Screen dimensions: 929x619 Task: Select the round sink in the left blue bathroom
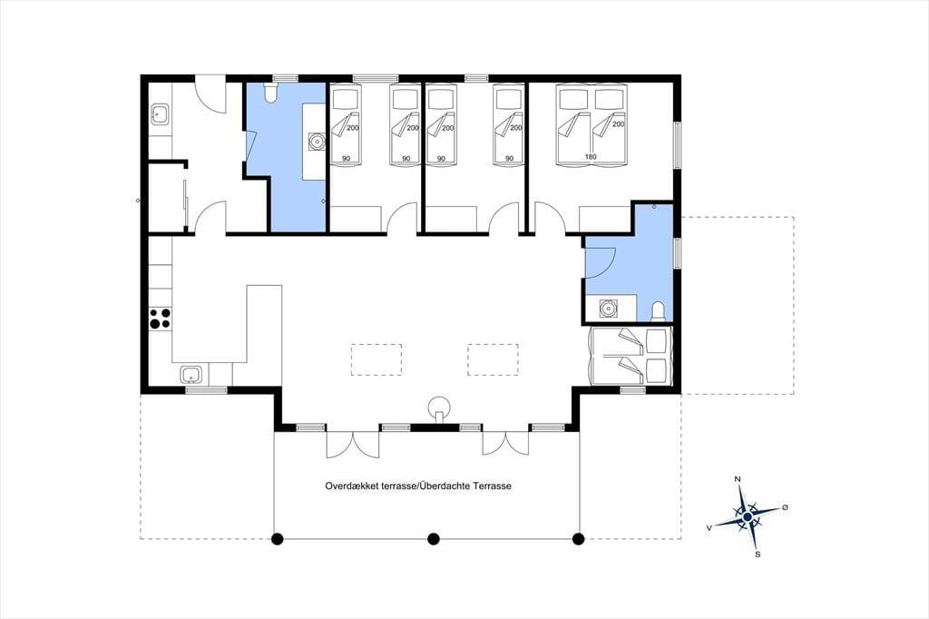click(x=317, y=142)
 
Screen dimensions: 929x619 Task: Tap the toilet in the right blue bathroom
click(x=658, y=311)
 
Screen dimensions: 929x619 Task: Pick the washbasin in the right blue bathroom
click(x=607, y=309)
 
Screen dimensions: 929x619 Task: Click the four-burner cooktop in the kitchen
click(x=160, y=318)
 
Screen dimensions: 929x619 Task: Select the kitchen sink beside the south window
click(x=191, y=375)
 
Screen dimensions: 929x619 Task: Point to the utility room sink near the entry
click(x=160, y=114)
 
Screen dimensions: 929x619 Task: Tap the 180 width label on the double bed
click(x=591, y=157)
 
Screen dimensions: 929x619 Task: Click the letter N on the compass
click(x=738, y=478)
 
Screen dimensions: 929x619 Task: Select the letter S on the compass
click(x=758, y=555)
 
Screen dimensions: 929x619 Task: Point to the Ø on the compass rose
click(x=785, y=507)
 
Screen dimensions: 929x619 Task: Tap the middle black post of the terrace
click(x=434, y=539)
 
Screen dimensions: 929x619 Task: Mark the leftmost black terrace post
click(x=276, y=539)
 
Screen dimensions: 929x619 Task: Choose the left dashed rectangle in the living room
click(x=376, y=360)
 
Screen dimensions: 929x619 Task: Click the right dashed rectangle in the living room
click(x=493, y=360)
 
